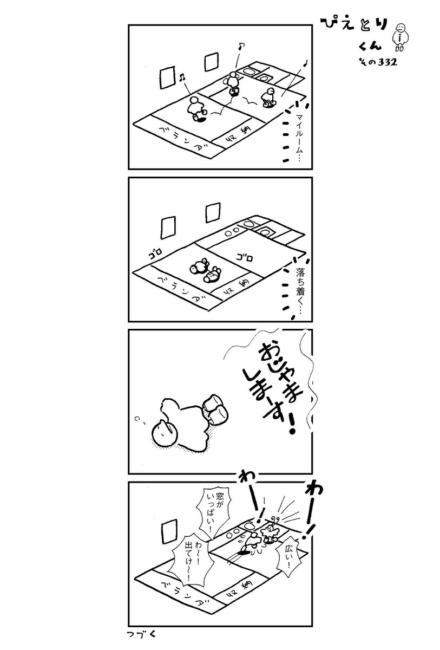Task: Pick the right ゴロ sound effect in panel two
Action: (x=241, y=255)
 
